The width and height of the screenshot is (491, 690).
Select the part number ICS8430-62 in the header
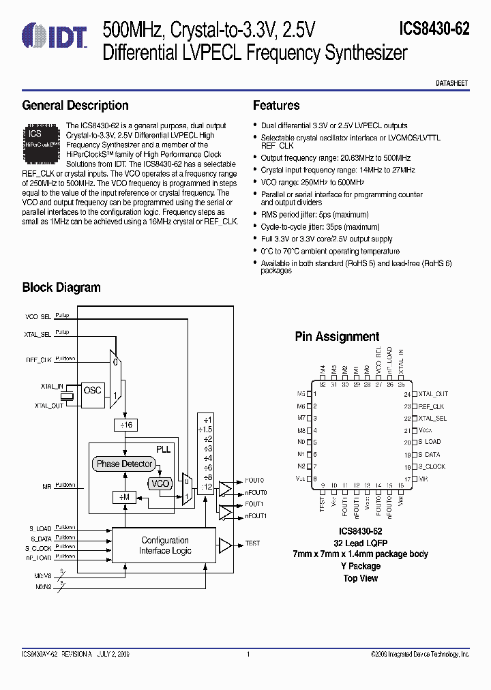point(434,29)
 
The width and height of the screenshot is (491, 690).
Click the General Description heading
point(75,106)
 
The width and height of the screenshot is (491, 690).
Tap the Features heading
point(276,106)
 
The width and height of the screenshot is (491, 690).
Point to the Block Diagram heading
point(61,287)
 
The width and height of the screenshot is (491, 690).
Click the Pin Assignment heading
point(337,336)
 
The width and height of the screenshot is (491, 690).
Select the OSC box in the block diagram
point(92,391)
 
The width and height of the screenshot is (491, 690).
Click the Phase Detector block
point(124,464)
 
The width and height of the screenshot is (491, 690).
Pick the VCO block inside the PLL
point(160,483)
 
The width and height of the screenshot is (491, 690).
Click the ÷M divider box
point(124,498)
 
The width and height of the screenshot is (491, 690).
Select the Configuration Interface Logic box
point(164,545)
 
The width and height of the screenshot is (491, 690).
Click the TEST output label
point(252,543)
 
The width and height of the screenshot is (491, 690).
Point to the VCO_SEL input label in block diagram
point(38,317)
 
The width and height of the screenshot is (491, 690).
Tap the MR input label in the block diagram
point(47,486)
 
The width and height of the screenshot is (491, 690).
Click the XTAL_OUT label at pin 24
point(433,394)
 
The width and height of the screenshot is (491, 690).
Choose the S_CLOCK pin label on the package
point(432,467)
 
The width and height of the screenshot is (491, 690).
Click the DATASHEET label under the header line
point(451,82)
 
